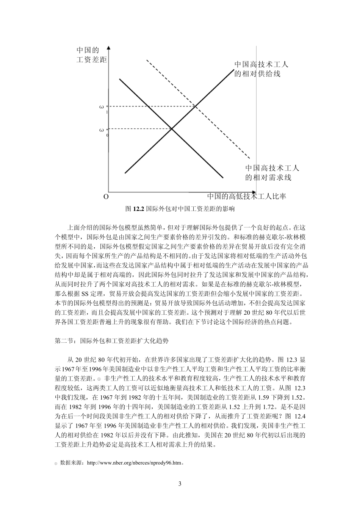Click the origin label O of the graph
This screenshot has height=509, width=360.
106,197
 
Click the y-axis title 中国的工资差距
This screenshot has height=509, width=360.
91,55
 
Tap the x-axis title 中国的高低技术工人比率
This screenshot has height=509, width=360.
246,196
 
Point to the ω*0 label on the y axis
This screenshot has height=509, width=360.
103,131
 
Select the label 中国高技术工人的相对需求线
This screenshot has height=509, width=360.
272,172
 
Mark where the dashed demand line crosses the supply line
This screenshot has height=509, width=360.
196,106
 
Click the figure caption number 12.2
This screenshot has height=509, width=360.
139,209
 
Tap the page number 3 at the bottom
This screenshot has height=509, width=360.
180,484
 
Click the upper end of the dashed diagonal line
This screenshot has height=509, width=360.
146,60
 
